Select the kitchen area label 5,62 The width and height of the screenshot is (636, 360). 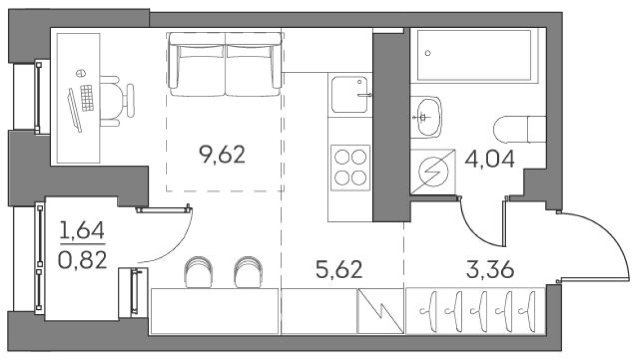click(339, 270)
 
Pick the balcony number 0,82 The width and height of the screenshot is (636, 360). click(82, 260)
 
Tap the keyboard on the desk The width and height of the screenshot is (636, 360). click(87, 98)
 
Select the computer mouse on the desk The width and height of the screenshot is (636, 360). click(80, 73)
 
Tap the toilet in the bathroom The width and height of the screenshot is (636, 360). click(519, 129)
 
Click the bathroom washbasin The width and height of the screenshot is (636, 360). click(426, 117)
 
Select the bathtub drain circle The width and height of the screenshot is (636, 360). click(428, 53)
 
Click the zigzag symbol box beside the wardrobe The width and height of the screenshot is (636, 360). click(380, 311)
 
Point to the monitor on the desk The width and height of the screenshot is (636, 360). click(74, 110)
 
